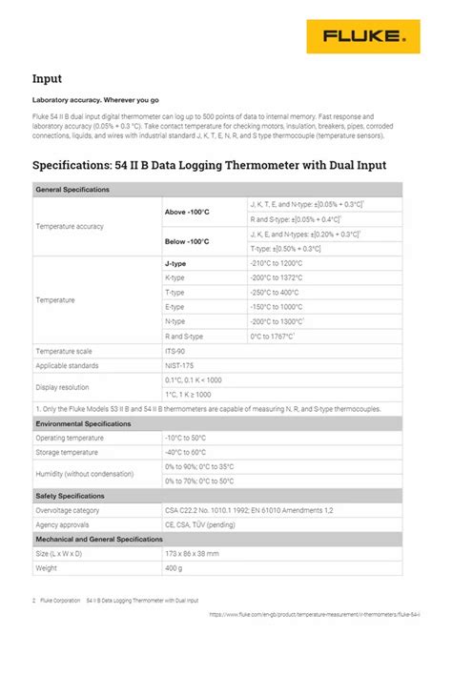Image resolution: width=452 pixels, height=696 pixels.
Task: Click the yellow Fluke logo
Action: click(362, 36)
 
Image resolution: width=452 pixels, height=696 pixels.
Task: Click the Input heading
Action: click(47, 79)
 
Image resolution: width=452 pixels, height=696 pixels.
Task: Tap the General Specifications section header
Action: click(72, 190)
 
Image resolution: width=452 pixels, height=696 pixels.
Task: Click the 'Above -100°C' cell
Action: click(187, 212)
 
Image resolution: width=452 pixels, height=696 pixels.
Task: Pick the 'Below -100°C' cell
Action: click(187, 241)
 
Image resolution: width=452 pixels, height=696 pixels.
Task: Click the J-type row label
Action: click(175, 263)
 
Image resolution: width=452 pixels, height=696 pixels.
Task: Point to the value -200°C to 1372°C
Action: click(277, 277)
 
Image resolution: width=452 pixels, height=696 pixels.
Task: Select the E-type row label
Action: click(175, 307)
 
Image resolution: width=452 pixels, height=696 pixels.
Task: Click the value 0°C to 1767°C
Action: click(272, 337)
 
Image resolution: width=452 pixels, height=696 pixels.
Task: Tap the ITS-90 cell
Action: click(176, 351)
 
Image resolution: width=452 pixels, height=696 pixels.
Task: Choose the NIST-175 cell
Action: click(179, 365)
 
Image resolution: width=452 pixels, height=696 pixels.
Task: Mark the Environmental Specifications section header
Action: click(83, 423)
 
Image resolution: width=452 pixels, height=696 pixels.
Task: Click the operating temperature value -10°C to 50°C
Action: click(185, 438)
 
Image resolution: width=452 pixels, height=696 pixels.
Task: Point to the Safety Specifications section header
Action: click(70, 496)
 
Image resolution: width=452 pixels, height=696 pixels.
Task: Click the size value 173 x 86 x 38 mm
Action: click(192, 554)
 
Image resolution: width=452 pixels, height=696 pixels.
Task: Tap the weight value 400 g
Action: click(174, 568)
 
